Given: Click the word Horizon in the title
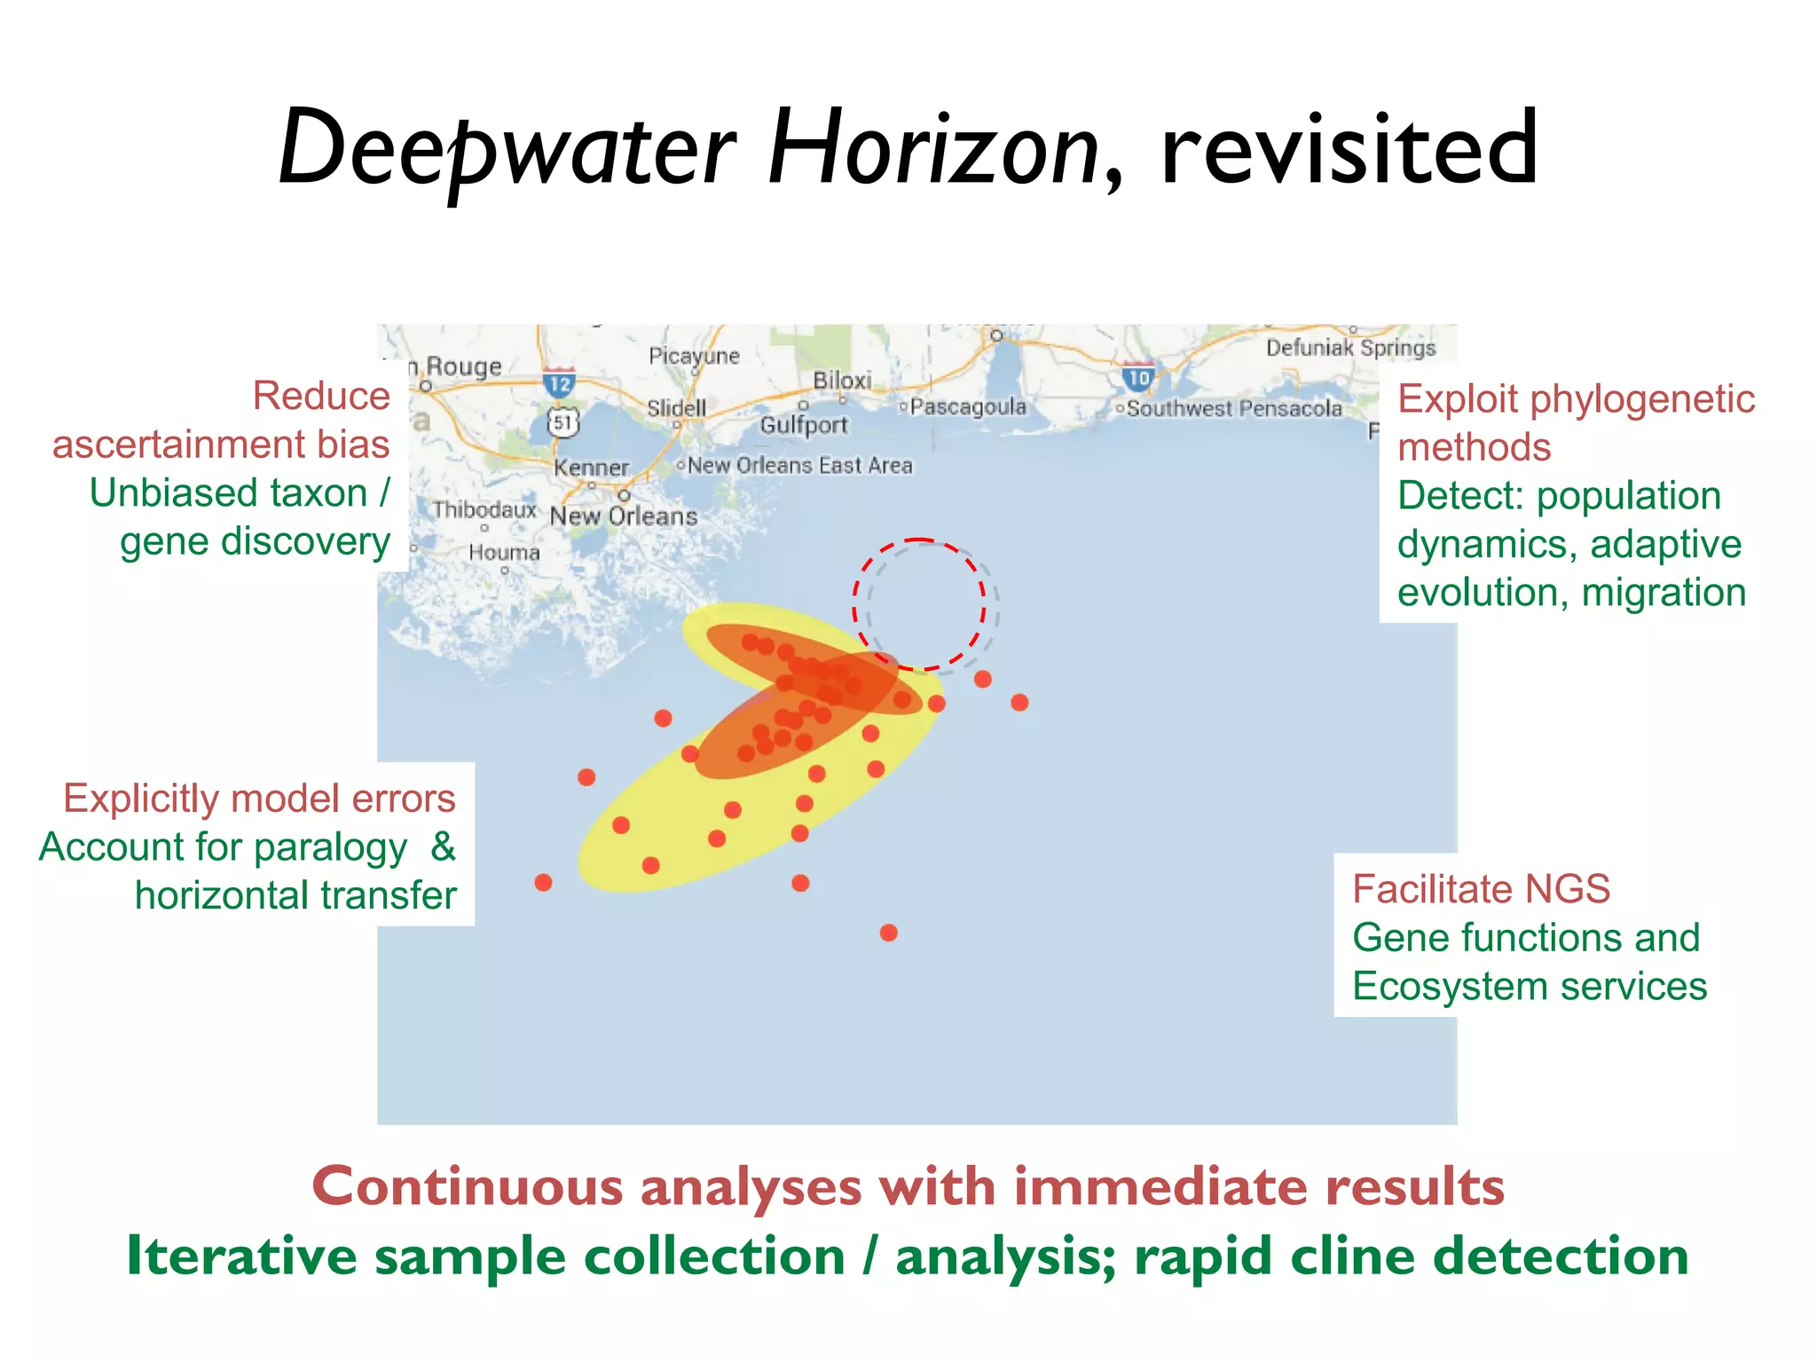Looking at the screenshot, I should [933, 149].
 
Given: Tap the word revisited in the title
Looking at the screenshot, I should [1349, 149].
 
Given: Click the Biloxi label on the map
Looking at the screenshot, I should [842, 381].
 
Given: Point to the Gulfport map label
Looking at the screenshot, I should [804, 425].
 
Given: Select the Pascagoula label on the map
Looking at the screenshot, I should [968, 406].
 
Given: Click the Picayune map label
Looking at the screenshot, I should [694, 356].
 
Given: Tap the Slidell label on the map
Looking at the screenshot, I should [676, 408].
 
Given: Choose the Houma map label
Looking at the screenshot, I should [504, 552].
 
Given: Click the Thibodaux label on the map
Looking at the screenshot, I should [484, 509].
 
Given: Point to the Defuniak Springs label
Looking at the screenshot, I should [1350, 348].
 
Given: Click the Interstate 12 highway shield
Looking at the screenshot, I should [559, 382].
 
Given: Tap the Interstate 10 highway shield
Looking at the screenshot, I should [1138, 376].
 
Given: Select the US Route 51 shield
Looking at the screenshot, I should [562, 422].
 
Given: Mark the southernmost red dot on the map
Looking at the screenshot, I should [888, 933].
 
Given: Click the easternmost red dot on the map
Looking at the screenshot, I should [1019, 703].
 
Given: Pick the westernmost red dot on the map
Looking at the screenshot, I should [543, 882].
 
